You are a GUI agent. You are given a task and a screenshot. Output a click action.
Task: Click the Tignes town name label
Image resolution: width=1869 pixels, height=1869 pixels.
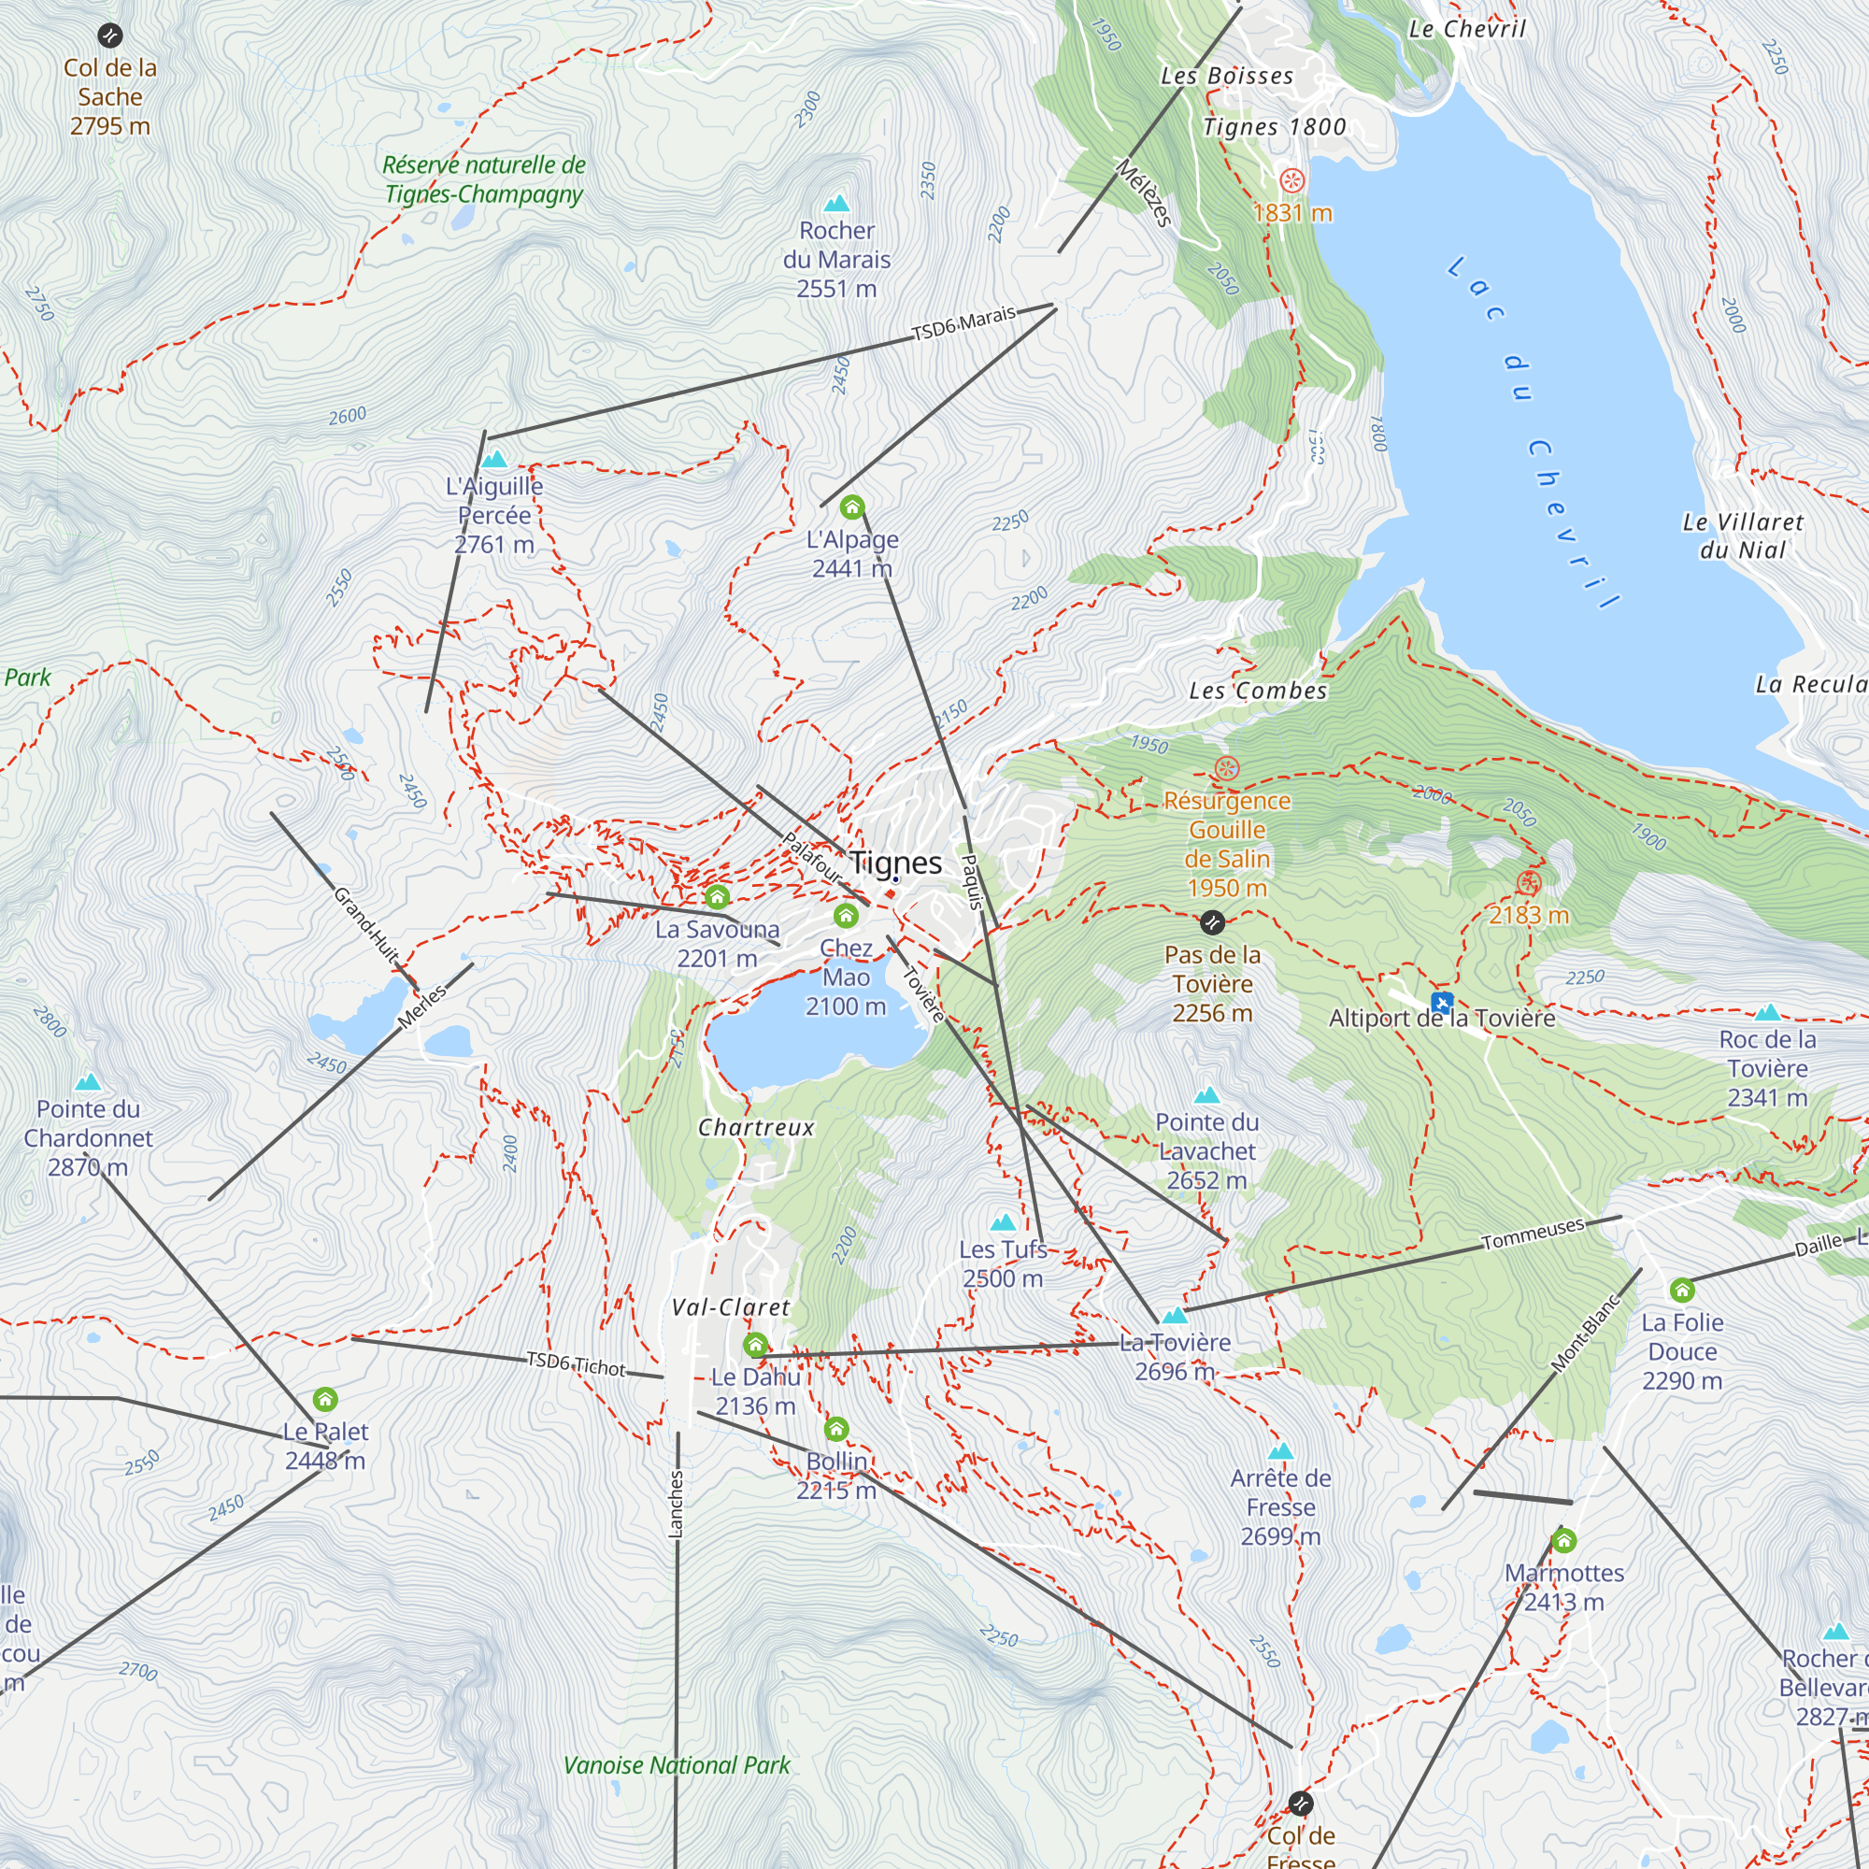pos(895,862)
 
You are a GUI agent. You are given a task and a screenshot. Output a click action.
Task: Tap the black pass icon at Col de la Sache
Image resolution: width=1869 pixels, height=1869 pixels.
pos(110,36)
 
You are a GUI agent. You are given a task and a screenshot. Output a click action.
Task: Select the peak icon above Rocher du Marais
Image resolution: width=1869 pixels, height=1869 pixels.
pos(835,203)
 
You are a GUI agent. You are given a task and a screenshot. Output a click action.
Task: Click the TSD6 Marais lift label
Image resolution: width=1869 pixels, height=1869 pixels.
pos(963,323)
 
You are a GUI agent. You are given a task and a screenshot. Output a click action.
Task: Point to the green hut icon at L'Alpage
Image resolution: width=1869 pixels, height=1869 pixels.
pos(851,506)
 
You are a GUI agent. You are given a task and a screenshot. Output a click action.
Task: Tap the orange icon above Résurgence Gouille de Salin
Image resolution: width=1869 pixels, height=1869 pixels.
pos(1226,769)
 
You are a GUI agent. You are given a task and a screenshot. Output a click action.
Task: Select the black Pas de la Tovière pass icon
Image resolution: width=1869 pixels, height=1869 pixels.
pos(1212,923)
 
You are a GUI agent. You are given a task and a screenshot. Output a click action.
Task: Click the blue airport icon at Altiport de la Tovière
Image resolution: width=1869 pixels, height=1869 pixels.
pos(1441,1001)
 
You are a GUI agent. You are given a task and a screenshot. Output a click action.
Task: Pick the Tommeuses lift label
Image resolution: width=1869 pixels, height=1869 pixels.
pos(1533,1234)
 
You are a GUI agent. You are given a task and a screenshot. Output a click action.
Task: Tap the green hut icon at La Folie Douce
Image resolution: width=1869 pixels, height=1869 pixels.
pos(1681,1290)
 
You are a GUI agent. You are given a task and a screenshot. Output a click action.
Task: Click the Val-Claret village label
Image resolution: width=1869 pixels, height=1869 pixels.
pos(731,1307)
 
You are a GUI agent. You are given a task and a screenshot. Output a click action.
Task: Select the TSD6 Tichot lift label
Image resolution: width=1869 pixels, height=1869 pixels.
pos(576,1364)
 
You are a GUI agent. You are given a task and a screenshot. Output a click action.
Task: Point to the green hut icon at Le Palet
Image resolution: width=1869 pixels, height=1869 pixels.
pos(325,1399)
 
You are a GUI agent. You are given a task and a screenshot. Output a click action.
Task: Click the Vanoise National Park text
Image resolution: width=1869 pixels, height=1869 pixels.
pos(677,1764)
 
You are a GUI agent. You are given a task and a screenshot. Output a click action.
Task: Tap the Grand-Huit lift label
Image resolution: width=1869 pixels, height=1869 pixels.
pos(365,924)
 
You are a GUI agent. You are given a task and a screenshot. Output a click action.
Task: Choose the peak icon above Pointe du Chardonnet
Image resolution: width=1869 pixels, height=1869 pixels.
pos(88,1081)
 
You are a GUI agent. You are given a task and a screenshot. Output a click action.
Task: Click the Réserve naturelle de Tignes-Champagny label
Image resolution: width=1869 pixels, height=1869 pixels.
pos(484,179)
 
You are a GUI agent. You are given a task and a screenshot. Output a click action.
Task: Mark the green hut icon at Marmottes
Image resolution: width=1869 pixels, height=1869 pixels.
pos(1563,1540)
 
